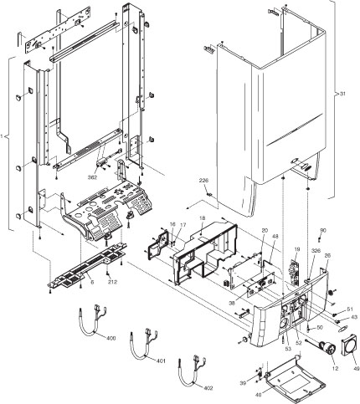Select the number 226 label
(203, 181)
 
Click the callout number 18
(201, 218)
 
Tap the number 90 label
(323, 230)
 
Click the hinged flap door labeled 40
(292, 384)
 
